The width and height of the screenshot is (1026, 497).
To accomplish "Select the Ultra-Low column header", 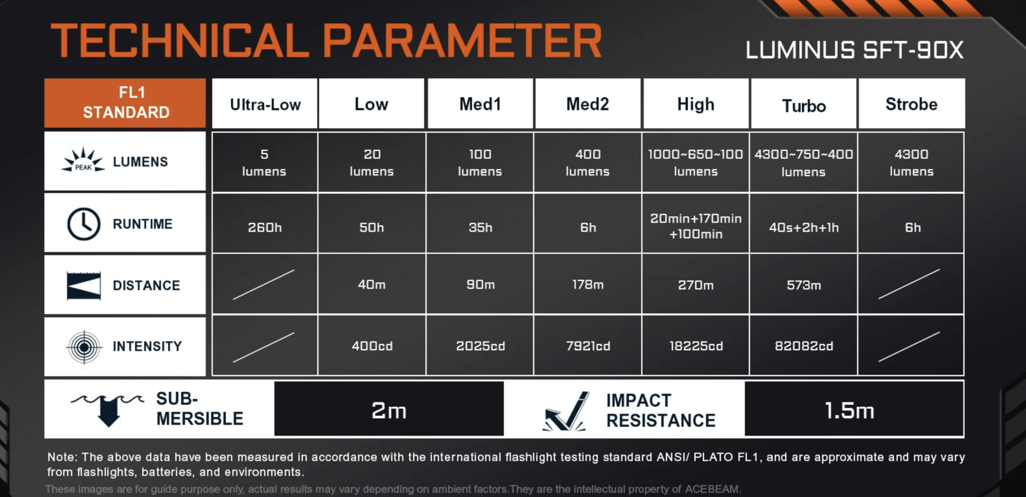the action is click(265, 105).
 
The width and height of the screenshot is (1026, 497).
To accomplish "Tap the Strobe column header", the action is click(911, 104).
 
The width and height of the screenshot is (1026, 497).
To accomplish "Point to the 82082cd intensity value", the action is click(804, 346).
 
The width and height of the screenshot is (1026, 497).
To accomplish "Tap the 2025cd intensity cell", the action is click(480, 346).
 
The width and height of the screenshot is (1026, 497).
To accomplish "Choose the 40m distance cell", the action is click(371, 285).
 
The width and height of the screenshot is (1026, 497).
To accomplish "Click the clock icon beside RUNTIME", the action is click(83, 224).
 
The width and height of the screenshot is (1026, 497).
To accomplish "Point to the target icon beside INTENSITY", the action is click(84, 347).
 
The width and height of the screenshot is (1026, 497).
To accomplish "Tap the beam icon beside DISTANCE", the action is click(83, 286).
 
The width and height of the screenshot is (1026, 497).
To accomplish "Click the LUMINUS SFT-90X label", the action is click(854, 50).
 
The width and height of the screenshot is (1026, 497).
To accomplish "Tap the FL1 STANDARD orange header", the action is click(125, 102).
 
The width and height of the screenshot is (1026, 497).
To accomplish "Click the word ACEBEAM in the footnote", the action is click(712, 489).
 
